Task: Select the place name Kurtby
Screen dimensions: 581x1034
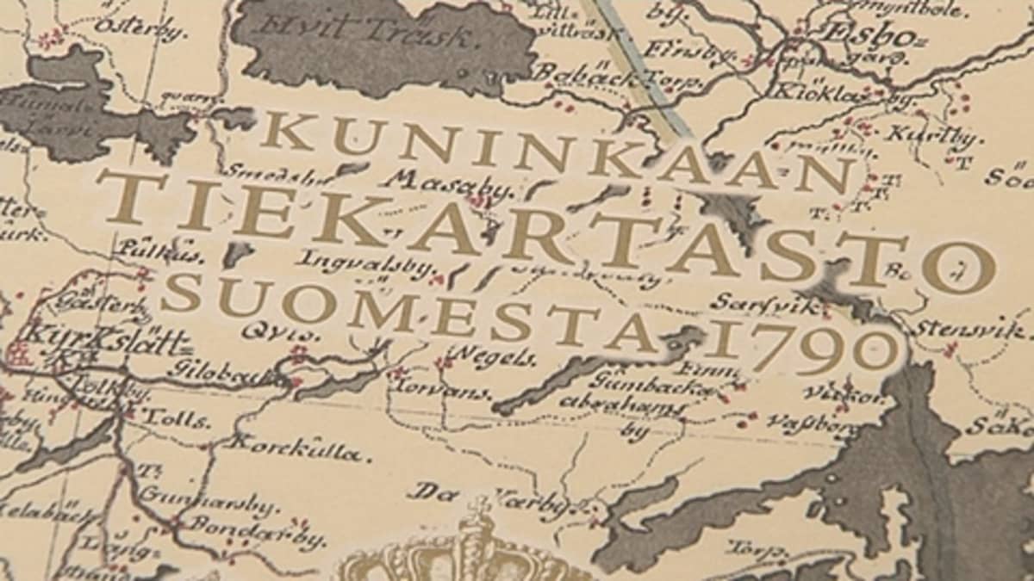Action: tap(922, 136)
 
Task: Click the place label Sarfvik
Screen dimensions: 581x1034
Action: tap(746, 301)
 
